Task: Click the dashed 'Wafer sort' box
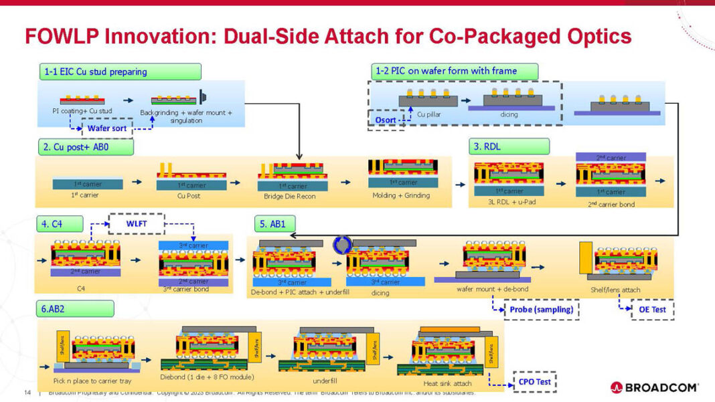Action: coord(107,128)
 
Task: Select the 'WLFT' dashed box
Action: coord(136,223)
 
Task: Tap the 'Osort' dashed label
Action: coord(386,121)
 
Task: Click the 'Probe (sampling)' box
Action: coord(541,310)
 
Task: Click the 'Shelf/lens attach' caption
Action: coord(617,290)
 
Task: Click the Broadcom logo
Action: coord(655,387)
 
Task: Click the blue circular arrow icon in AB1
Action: coord(342,244)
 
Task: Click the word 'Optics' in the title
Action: coord(597,36)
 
